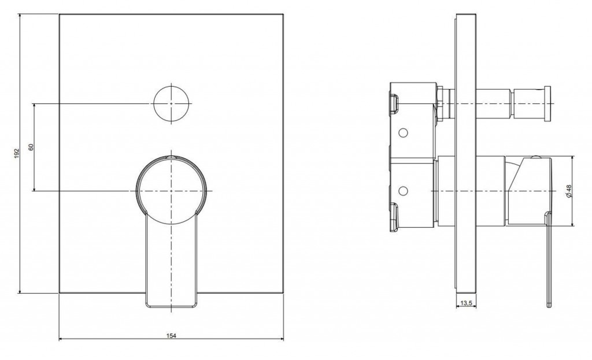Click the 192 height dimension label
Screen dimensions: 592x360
16,153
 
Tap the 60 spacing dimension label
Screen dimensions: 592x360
31,146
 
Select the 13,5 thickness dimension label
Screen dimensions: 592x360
467,302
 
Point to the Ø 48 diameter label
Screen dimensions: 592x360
569,191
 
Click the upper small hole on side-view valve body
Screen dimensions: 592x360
403,132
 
